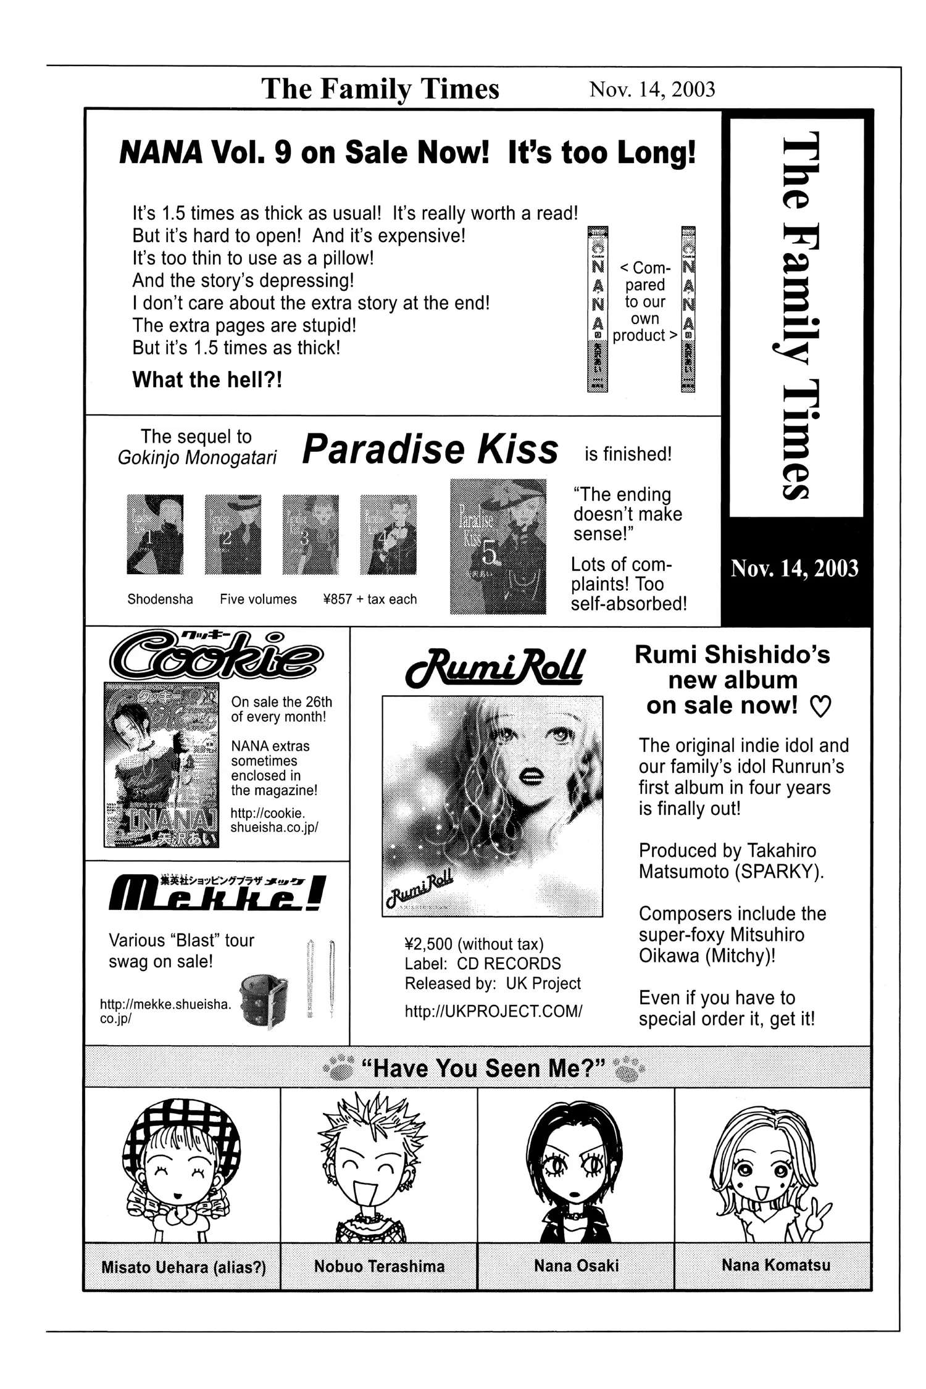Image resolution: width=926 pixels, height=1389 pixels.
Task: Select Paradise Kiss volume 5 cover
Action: pyautogui.click(x=498, y=546)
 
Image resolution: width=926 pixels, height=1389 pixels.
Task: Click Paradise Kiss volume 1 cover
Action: pyautogui.click(x=155, y=534)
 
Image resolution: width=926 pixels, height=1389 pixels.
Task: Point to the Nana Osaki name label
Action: pyautogui.click(x=576, y=1266)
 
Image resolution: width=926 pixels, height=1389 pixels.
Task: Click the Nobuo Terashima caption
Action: pyautogui.click(x=379, y=1266)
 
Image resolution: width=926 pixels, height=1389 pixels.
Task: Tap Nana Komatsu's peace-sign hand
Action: pyautogui.click(x=820, y=1213)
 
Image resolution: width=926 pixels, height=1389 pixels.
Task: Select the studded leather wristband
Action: pyautogui.click(x=264, y=1000)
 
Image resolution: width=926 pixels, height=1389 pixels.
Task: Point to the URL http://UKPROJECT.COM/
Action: pyautogui.click(x=493, y=1011)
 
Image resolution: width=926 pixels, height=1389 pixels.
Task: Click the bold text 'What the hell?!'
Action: pyautogui.click(x=207, y=380)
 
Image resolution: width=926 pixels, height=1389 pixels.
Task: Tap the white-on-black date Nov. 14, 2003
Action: pyautogui.click(x=795, y=568)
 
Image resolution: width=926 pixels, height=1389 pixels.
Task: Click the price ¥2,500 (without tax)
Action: pyautogui.click(x=473, y=944)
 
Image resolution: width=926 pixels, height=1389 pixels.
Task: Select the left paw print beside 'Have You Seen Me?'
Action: pyautogui.click(x=339, y=1068)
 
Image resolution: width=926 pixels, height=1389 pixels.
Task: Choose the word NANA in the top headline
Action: pyautogui.click(x=161, y=152)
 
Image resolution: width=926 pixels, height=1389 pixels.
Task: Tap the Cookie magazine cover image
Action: pyautogui.click(x=161, y=764)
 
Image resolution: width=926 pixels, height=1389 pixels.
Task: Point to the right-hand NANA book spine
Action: pyautogui.click(x=688, y=309)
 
